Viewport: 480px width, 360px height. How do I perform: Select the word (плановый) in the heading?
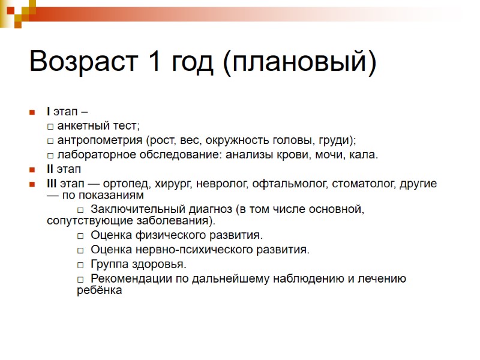299,63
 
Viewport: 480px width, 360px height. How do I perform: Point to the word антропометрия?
100,140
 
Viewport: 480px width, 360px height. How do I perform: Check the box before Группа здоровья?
80,264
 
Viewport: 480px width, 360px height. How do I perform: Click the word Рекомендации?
129,278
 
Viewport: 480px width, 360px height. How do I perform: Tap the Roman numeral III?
52,184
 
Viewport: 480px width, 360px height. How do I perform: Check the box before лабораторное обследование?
50,155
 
